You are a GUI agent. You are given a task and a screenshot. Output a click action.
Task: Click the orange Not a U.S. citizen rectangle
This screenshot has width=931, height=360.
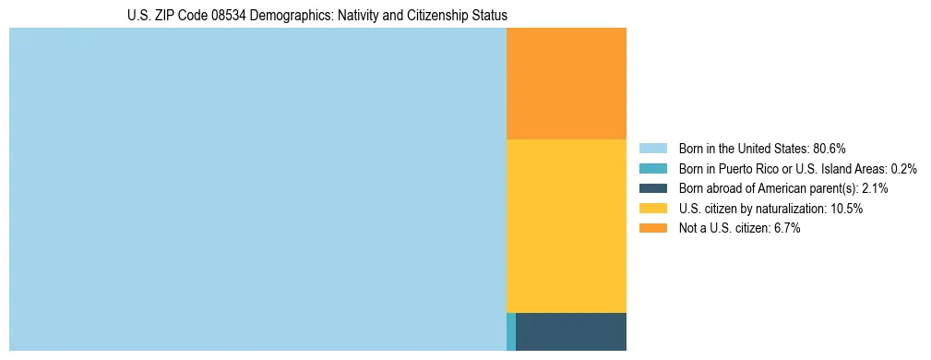pos(567,83)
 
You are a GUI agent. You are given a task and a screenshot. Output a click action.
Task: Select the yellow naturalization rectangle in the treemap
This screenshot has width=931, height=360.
pos(567,226)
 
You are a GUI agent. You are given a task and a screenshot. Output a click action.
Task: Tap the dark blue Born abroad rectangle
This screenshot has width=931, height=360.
pos(571,331)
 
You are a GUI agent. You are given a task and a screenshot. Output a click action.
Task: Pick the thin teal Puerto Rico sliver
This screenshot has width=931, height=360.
pos(511,331)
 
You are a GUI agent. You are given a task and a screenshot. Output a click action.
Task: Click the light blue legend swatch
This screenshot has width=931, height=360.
pos(652,148)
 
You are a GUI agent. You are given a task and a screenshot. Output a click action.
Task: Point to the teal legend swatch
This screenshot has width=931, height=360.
pos(652,168)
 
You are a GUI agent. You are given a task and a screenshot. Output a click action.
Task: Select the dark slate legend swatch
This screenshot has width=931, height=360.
pos(652,188)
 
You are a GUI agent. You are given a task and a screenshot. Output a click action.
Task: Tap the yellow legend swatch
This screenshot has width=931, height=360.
pos(652,209)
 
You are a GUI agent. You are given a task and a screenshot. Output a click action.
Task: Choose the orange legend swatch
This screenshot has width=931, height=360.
pos(652,228)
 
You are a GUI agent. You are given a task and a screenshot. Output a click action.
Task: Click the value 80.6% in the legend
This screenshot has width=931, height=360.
pos(829,148)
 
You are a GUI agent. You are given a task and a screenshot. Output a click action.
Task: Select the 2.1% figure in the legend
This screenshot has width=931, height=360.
pos(875,188)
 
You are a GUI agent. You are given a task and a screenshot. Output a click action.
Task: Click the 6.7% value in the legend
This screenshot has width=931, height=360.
pos(785,228)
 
